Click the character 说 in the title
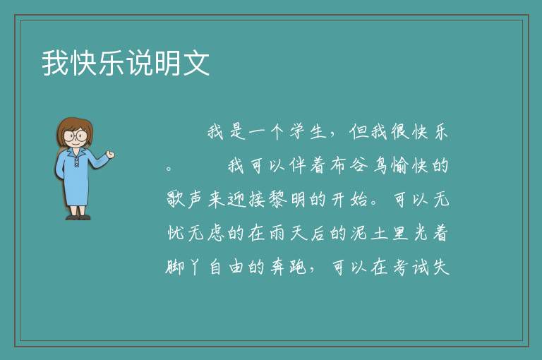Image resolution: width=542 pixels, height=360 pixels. point(140,63)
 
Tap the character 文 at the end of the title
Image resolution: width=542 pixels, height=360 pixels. point(196,63)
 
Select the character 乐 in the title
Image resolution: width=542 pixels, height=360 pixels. point(112,63)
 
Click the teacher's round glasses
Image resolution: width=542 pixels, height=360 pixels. point(76,136)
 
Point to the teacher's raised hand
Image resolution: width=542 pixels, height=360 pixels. point(110,155)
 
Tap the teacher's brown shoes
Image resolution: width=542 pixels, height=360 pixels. point(78,217)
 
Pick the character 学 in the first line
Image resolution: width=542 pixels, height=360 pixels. point(298,131)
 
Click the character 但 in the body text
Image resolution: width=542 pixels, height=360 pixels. point(358,131)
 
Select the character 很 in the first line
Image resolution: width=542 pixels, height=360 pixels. point(399,131)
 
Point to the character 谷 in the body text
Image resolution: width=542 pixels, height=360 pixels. point(359,165)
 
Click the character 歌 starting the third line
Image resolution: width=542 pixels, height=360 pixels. point(176,199)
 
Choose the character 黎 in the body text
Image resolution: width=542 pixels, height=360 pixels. point(276,199)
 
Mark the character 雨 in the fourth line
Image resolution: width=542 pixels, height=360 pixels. point(276,233)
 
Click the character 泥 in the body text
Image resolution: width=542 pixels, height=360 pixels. point(359,233)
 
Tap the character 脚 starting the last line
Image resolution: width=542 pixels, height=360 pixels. point(175,267)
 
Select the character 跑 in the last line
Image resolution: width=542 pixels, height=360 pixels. point(298,267)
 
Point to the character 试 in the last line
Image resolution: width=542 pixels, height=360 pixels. point(420,267)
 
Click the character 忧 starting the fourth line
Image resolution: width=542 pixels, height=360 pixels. point(176,233)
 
